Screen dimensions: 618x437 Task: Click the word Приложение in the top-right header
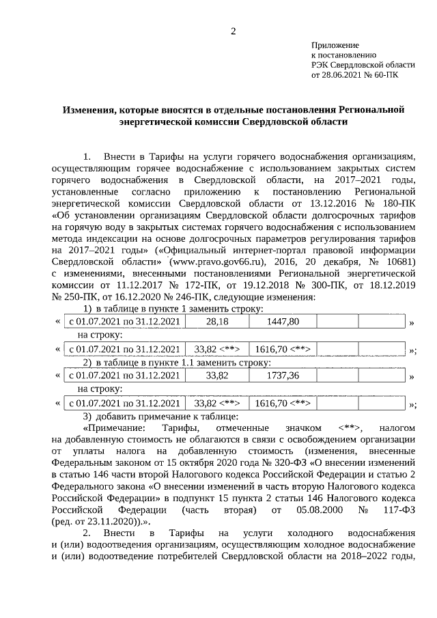(x=333, y=44)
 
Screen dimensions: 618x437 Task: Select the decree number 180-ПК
(x=399, y=203)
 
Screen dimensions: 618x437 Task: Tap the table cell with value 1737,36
(x=283, y=376)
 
